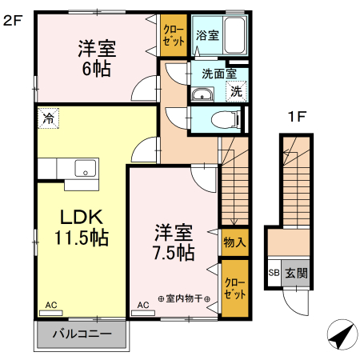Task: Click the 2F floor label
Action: click(x=13, y=21)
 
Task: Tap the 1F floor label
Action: click(x=298, y=118)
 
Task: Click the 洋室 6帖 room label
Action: click(x=96, y=57)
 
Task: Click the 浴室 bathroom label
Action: click(x=207, y=35)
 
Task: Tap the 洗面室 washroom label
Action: click(x=218, y=73)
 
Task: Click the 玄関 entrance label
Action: click(x=295, y=272)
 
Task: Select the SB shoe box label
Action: click(x=274, y=272)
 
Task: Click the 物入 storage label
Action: click(x=234, y=242)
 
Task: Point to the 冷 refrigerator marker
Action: click(x=48, y=117)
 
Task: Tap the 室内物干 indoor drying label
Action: click(x=185, y=298)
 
